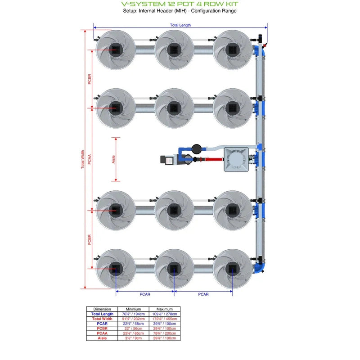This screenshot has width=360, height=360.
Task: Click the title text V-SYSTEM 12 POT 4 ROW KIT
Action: [x=180, y=4]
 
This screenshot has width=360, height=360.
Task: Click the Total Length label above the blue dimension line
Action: [x=180, y=25]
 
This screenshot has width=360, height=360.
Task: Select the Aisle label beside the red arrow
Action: [x=113, y=159]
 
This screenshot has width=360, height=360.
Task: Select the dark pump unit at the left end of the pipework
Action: [x=169, y=159]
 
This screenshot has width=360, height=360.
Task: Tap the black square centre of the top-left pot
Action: [x=116, y=49]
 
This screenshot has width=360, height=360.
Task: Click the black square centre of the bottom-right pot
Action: [x=232, y=269]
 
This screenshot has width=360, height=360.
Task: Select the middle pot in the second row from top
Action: [x=174, y=108]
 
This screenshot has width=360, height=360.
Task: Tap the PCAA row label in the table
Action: [x=102, y=333]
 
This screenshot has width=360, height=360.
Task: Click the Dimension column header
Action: [x=102, y=309]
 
